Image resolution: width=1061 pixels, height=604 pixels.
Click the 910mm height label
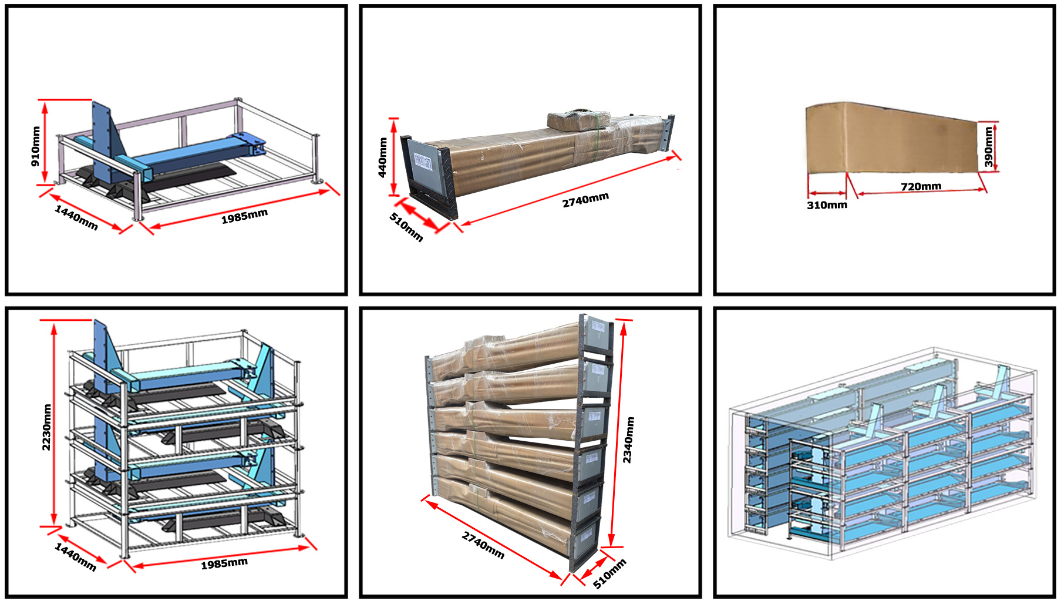pos(36,146)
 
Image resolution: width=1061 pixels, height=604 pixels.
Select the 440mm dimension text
pos(383,157)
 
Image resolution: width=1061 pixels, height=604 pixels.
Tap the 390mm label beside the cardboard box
pos(989,147)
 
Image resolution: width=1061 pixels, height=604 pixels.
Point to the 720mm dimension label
pos(921,186)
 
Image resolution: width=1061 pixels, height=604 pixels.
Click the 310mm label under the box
pos(827,205)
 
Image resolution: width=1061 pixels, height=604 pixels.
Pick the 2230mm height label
pos(46,427)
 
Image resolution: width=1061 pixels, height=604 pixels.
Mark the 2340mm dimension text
pos(628,439)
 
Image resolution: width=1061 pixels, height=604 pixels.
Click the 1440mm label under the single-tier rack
pos(76,217)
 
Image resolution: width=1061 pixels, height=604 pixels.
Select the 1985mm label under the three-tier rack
pos(224,563)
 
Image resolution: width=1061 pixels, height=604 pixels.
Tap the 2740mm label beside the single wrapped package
pos(585,200)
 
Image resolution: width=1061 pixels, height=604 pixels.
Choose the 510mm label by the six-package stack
pos(609,573)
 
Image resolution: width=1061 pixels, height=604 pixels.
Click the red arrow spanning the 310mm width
pos(827,193)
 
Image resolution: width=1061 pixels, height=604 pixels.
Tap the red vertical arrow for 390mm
pos(996,147)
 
